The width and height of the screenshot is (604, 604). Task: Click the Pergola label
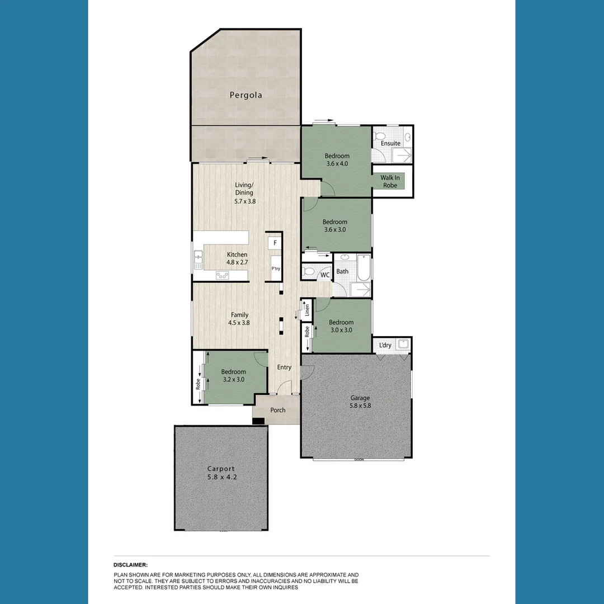246,95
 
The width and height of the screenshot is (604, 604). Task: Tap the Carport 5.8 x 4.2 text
221,473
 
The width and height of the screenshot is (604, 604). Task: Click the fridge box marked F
275,244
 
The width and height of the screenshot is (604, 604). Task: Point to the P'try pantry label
276,269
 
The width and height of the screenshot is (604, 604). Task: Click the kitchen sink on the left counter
199,258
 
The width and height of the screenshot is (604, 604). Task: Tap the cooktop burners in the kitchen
222,275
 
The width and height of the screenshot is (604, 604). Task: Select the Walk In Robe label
390,181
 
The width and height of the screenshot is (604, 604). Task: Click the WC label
324,275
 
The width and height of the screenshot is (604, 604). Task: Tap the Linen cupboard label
307,309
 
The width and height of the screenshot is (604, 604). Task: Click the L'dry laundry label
385,345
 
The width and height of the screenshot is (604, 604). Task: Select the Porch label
278,410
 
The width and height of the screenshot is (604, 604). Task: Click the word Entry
284,367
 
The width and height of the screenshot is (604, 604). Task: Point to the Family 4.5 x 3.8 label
239,319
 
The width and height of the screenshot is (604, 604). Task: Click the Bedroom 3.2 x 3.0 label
233,376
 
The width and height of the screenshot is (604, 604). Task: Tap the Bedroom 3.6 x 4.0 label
337,160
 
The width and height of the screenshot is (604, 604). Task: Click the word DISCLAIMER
130,565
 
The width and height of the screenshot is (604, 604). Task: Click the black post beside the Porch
258,421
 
